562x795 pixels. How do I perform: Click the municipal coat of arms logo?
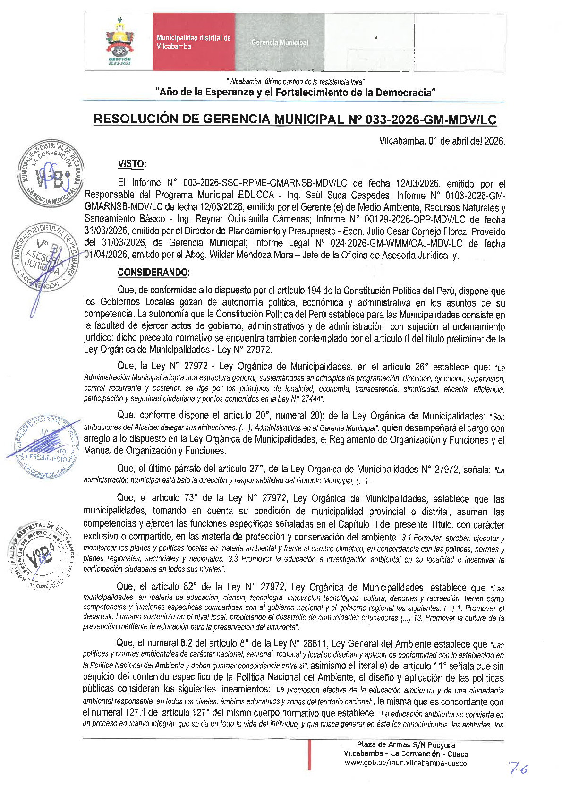[119, 38]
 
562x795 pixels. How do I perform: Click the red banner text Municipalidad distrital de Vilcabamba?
[193, 42]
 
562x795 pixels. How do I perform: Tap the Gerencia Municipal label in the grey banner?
[280, 43]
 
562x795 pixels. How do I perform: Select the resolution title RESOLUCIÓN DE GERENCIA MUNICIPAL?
[295, 119]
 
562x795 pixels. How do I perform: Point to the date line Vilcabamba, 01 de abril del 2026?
[442, 141]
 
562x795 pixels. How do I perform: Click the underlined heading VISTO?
[132, 164]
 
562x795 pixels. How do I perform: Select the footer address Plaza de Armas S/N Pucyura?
[406, 745]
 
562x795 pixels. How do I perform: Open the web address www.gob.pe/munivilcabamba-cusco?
[406, 763]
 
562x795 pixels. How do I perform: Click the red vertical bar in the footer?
[309, 754]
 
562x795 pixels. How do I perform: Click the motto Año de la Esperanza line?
[295, 93]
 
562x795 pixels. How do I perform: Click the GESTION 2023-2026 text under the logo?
[119, 61]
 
